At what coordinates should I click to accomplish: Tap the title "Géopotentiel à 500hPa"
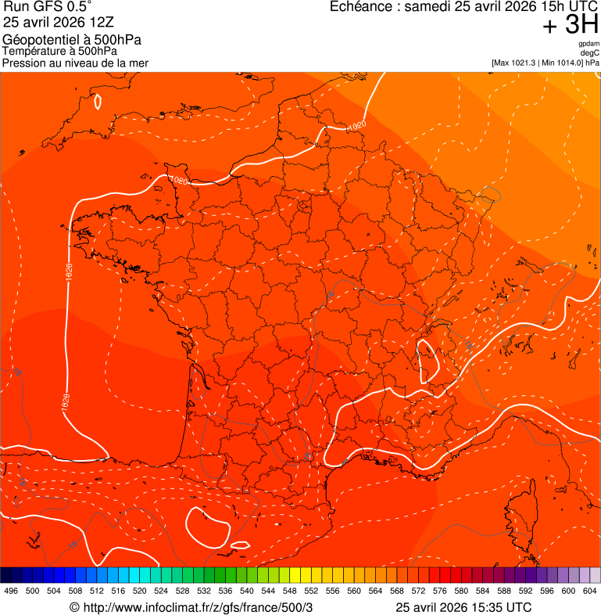coord(72,40)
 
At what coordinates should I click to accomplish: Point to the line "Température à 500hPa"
coord(59,52)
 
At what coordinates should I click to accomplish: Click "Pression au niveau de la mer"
coord(75,63)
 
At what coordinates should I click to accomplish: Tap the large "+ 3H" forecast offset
coord(571,27)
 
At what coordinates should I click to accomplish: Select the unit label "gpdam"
coord(589,45)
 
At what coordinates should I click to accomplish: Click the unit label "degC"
coord(591,53)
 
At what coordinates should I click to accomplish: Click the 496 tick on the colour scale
coord(11,592)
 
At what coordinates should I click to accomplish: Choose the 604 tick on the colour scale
coord(590,592)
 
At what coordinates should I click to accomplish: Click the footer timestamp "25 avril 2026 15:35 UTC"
coord(463,608)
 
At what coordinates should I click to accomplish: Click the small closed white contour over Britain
coord(98,101)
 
